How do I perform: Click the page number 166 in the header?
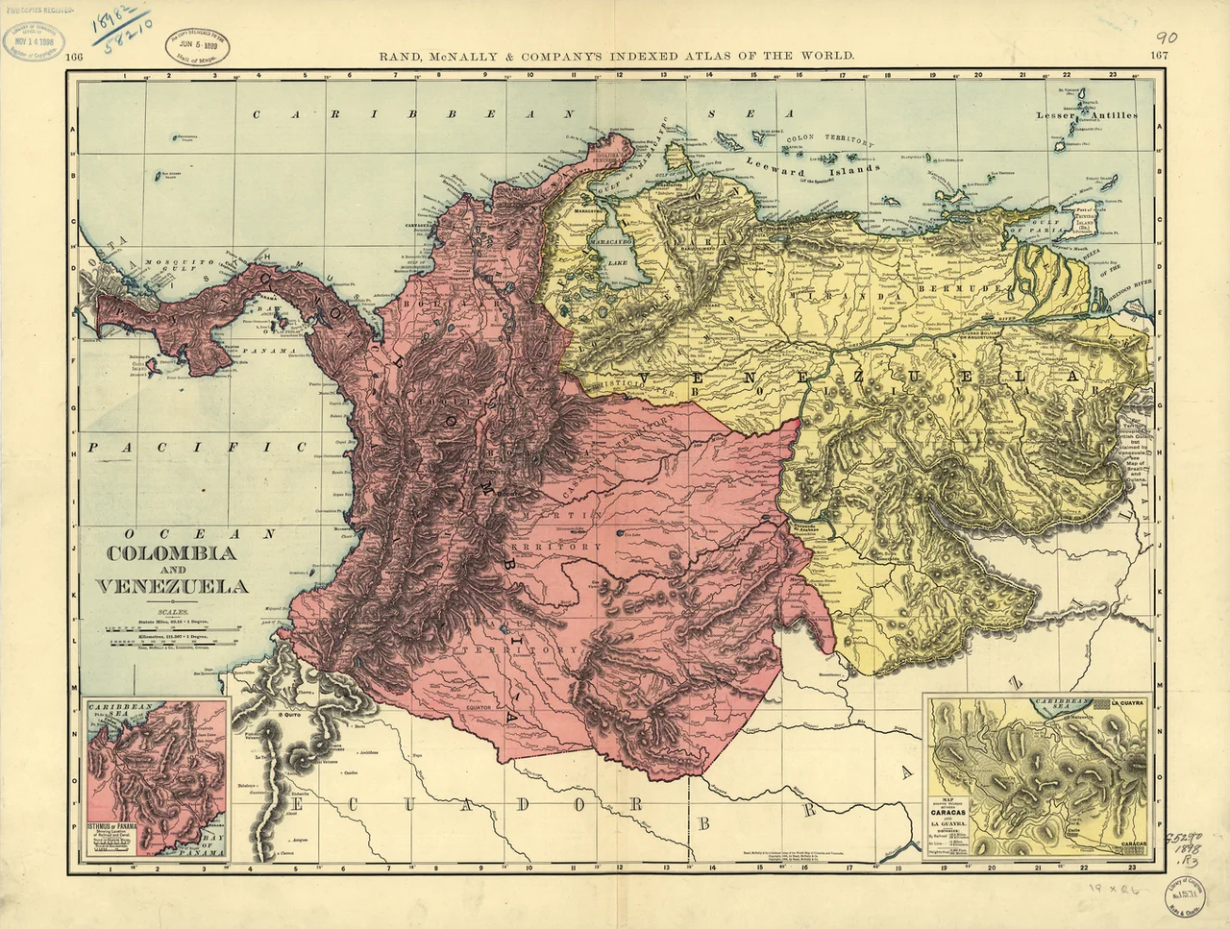pos(74,57)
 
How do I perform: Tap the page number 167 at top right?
pos(1160,57)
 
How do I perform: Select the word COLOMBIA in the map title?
pos(171,554)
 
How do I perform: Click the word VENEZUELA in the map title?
pos(171,586)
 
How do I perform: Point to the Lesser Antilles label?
pos(1086,115)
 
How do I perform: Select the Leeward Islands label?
pos(812,168)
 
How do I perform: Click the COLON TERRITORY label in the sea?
pos(830,139)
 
